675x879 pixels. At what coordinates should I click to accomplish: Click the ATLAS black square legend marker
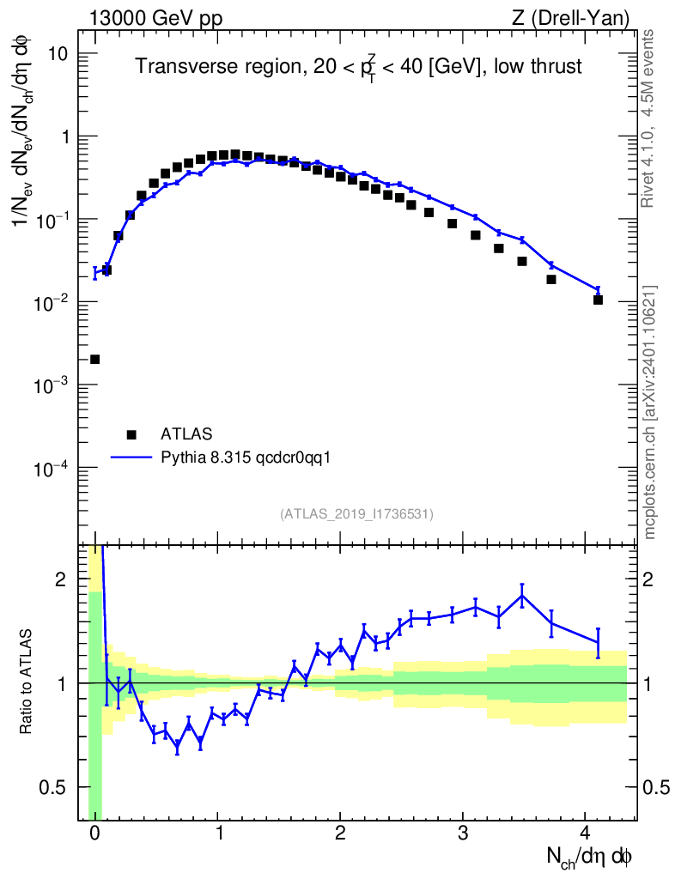pyautogui.click(x=131, y=434)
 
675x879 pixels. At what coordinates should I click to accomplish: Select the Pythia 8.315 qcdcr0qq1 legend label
pyautogui.click(x=246, y=458)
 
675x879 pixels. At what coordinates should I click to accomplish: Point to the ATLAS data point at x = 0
pyautogui.click(x=94, y=359)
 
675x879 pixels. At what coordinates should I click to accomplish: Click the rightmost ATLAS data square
pyautogui.click(x=598, y=300)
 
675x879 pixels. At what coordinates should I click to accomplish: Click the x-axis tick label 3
pyautogui.click(x=463, y=834)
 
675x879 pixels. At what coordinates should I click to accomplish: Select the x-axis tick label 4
pyautogui.click(x=585, y=834)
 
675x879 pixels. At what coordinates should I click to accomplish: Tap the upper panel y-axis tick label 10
pyautogui.click(x=58, y=54)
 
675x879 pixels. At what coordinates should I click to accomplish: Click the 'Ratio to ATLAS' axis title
pyautogui.click(x=27, y=682)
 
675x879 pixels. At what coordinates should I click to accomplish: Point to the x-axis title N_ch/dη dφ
pyautogui.click(x=591, y=857)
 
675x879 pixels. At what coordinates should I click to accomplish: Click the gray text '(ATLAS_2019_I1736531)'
pyautogui.click(x=356, y=514)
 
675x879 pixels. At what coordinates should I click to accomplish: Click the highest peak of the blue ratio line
pyautogui.click(x=522, y=595)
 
